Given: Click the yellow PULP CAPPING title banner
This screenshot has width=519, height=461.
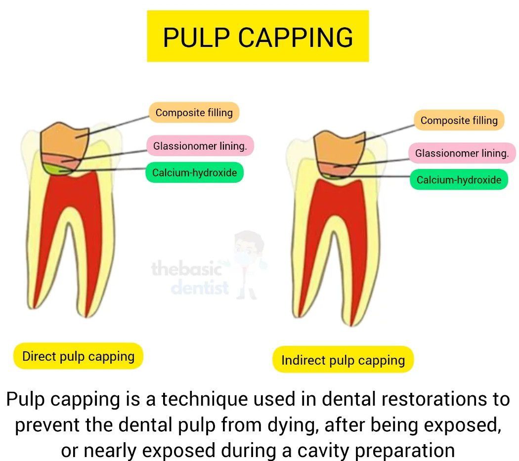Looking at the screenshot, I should [x=258, y=36].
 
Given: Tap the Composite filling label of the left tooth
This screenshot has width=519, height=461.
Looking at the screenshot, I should [x=194, y=113].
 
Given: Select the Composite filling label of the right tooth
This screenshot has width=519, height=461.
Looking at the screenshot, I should [x=459, y=121].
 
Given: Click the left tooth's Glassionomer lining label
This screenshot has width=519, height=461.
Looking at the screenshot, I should [x=200, y=146].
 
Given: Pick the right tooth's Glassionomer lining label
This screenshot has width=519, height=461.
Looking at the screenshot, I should [x=462, y=153].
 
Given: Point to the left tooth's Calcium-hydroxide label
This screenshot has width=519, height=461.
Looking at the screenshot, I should [x=194, y=173].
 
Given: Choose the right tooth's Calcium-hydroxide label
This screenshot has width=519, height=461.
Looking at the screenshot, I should [x=459, y=180].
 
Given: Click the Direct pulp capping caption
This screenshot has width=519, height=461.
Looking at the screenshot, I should [x=78, y=356].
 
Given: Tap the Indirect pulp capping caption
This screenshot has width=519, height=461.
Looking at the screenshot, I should [x=343, y=360].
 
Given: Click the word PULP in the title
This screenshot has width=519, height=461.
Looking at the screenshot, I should [x=193, y=37].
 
